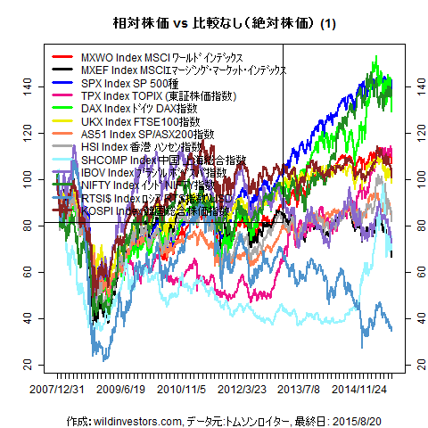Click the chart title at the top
(x=214, y=23)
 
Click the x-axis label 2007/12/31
(x=56, y=390)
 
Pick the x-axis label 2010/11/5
(x=183, y=390)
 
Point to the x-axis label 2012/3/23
(x=243, y=390)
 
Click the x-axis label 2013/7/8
(x=300, y=390)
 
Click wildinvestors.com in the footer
(x=127, y=419)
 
